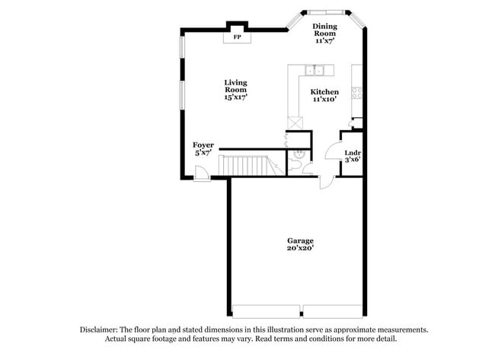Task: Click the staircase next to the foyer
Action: (243, 164)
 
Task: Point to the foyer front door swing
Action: (202, 175)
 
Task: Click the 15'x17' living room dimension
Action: (235, 97)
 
